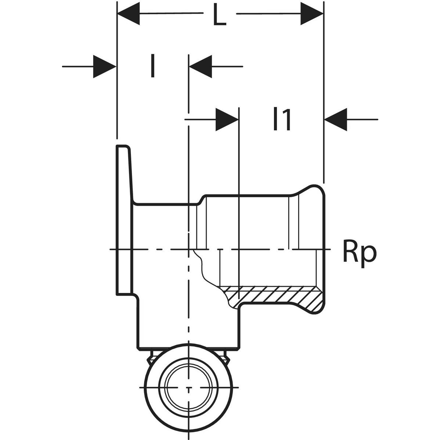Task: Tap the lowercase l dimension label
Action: pyautogui.click(x=152, y=66)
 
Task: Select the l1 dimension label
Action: pyautogui.click(x=282, y=119)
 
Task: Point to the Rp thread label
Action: pyautogui.click(x=359, y=253)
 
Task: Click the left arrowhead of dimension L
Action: pyautogui.click(x=128, y=14)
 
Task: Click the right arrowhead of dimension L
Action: pyautogui.click(x=312, y=14)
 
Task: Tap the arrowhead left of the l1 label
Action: pyautogui.click(x=227, y=119)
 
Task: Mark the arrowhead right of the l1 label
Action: pyautogui.click(x=336, y=119)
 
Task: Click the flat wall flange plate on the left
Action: pyautogui.click(x=124, y=220)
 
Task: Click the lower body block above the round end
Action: pyautogui.click(x=165, y=323)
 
